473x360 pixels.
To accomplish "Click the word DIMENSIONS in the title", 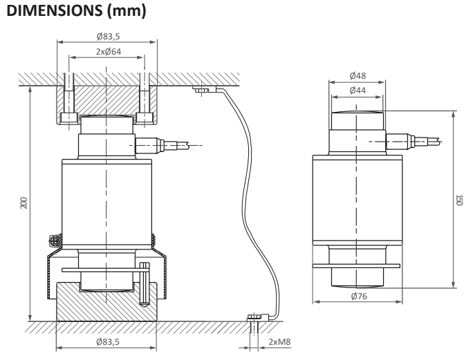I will pos(49,12).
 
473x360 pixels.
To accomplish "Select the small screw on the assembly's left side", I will pos(53,241).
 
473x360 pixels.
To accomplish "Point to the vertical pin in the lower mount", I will pos(144,283).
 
